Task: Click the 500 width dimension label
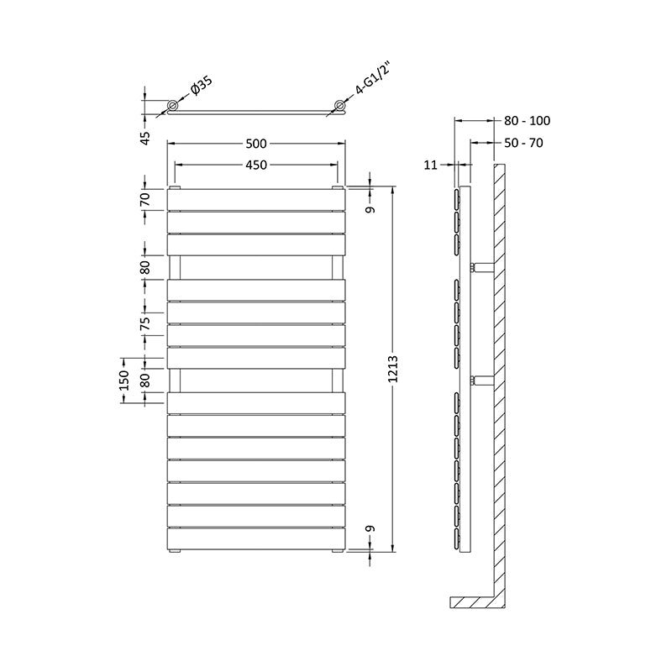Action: tap(256, 144)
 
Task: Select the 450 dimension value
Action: tap(256, 165)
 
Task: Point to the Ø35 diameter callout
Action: tap(201, 87)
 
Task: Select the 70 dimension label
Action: tap(144, 200)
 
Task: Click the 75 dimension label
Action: tap(144, 322)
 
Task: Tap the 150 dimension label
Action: tap(124, 380)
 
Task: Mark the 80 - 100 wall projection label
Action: tap(528, 121)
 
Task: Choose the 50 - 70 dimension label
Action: tap(524, 144)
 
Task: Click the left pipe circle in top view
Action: tap(172, 106)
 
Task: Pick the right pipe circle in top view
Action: tap(340, 106)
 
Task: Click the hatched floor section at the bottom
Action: tap(475, 602)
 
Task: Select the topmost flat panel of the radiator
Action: tap(256, 199)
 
